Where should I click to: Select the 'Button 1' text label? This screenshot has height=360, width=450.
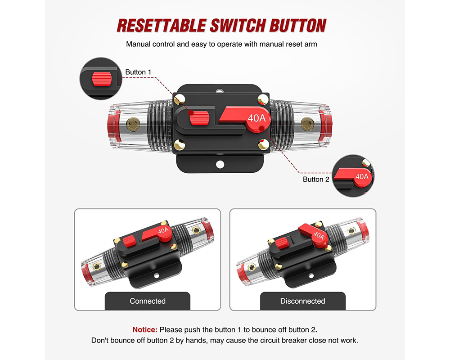139,72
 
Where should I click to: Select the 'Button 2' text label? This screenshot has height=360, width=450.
316,179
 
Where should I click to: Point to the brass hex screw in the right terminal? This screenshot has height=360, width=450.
307,122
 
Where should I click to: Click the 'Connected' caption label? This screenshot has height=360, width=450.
148,301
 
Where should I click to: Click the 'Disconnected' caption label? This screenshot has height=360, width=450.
302,301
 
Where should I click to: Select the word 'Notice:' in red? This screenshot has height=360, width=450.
145,329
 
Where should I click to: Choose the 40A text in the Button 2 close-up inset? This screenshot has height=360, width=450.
361,176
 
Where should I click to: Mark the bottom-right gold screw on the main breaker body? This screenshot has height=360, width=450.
262,145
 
